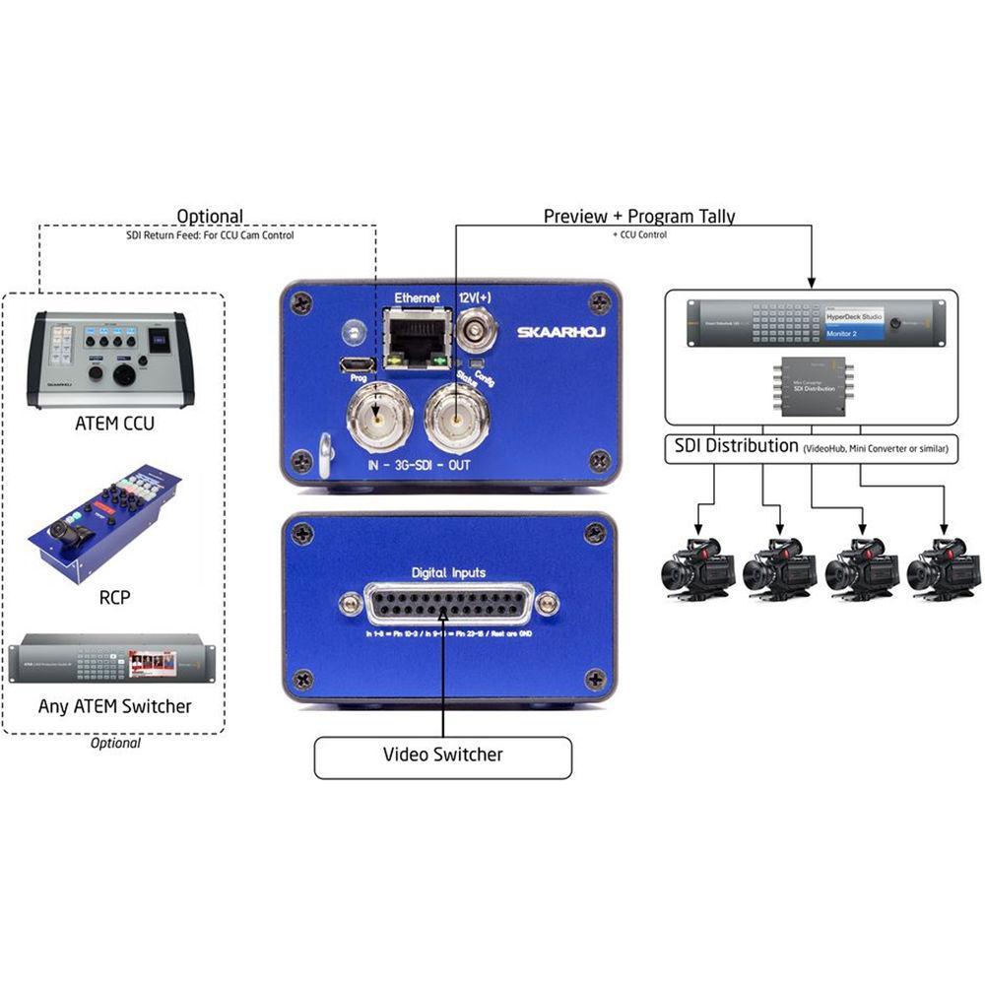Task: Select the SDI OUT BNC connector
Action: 456,418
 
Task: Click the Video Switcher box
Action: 442,755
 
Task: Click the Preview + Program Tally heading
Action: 639,216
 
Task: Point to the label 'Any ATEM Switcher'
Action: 114,706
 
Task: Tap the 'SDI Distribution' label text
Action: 735,446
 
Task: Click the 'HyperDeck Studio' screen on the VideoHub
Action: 854,316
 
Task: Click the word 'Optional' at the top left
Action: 209,216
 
